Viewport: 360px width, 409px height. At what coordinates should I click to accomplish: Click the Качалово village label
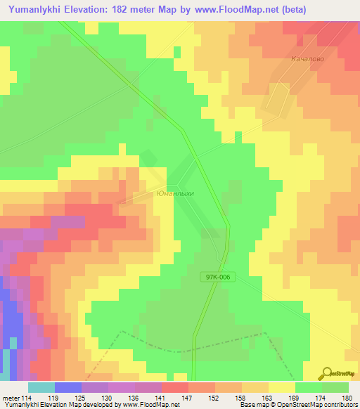tap(307, 60)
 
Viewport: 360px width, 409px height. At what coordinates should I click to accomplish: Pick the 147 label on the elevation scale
tap(188, 397)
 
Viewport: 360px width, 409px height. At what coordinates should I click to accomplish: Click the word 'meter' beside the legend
tap(10, 397)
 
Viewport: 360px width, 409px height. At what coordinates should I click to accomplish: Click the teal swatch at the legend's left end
tap(41, 387)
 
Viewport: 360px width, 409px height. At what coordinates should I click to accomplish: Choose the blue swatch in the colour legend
tap(67, 387)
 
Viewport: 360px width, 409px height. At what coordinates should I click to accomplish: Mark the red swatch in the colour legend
tap(174, 387)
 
